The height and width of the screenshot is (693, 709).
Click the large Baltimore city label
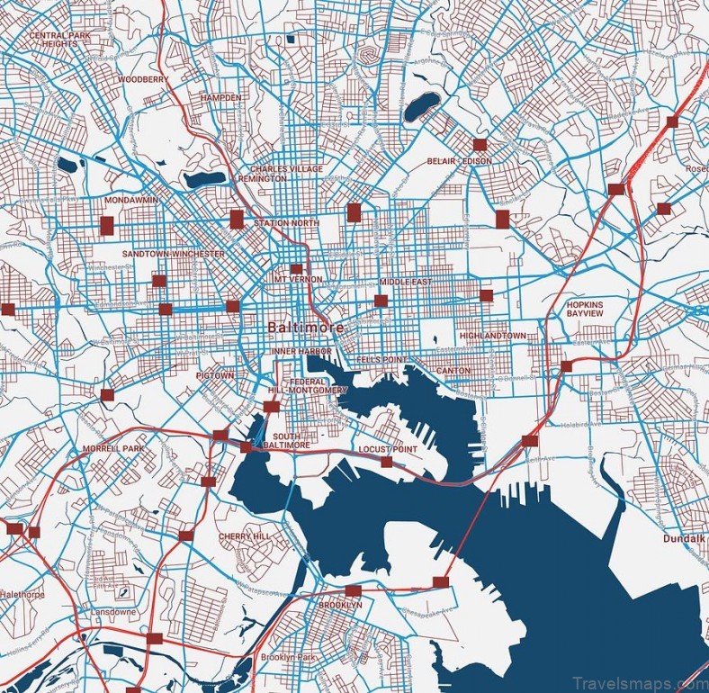tap(305, 328)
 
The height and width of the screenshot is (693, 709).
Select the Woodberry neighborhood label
tap(142, 79)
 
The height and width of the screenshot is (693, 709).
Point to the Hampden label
tap(221, 96)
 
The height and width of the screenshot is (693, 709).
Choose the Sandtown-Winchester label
tap(174, 254)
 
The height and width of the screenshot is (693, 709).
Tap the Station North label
tap(286, 223)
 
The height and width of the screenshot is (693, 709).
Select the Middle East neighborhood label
tap(405, 282)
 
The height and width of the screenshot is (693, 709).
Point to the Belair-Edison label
tap(461, 161)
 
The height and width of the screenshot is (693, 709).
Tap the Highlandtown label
tap(492, 336)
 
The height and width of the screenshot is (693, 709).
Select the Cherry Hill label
tap(244, 536)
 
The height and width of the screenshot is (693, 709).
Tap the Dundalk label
tap(686, 538)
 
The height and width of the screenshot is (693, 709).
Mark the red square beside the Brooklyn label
tap(353, 590)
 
